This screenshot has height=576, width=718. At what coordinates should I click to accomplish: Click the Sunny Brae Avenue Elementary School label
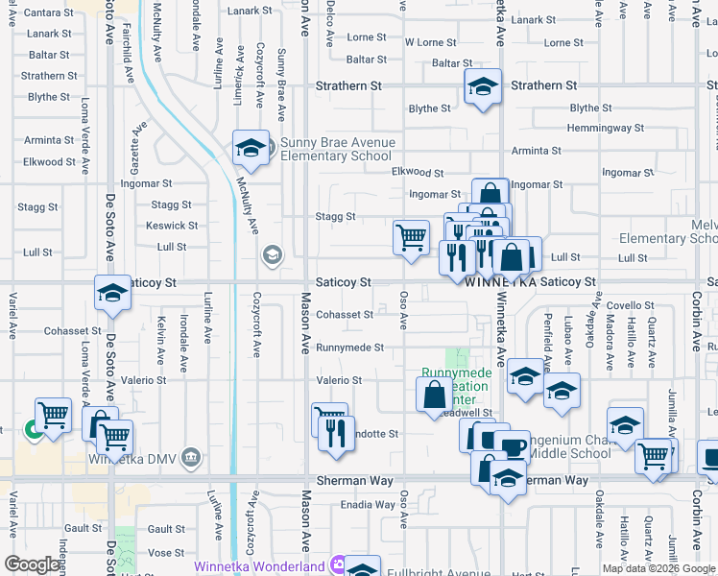[x=331, y=150]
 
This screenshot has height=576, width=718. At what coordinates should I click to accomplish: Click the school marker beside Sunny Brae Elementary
[x=251, y=148]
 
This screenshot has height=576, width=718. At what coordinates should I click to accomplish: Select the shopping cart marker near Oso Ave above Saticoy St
[x=412, y=236]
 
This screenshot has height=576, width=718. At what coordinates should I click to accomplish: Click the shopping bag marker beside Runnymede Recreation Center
[x=435, y=394]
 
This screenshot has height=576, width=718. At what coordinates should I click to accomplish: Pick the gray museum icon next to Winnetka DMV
[x=192, y=456]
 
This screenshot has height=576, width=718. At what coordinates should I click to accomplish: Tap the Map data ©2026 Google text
[x=658, y=568]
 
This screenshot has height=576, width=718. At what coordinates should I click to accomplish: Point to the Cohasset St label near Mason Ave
[x=345, y=315]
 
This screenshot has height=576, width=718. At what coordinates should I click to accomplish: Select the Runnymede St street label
[x=351, y=348]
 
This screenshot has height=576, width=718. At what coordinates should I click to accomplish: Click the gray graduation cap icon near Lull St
[x=273, y=254]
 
